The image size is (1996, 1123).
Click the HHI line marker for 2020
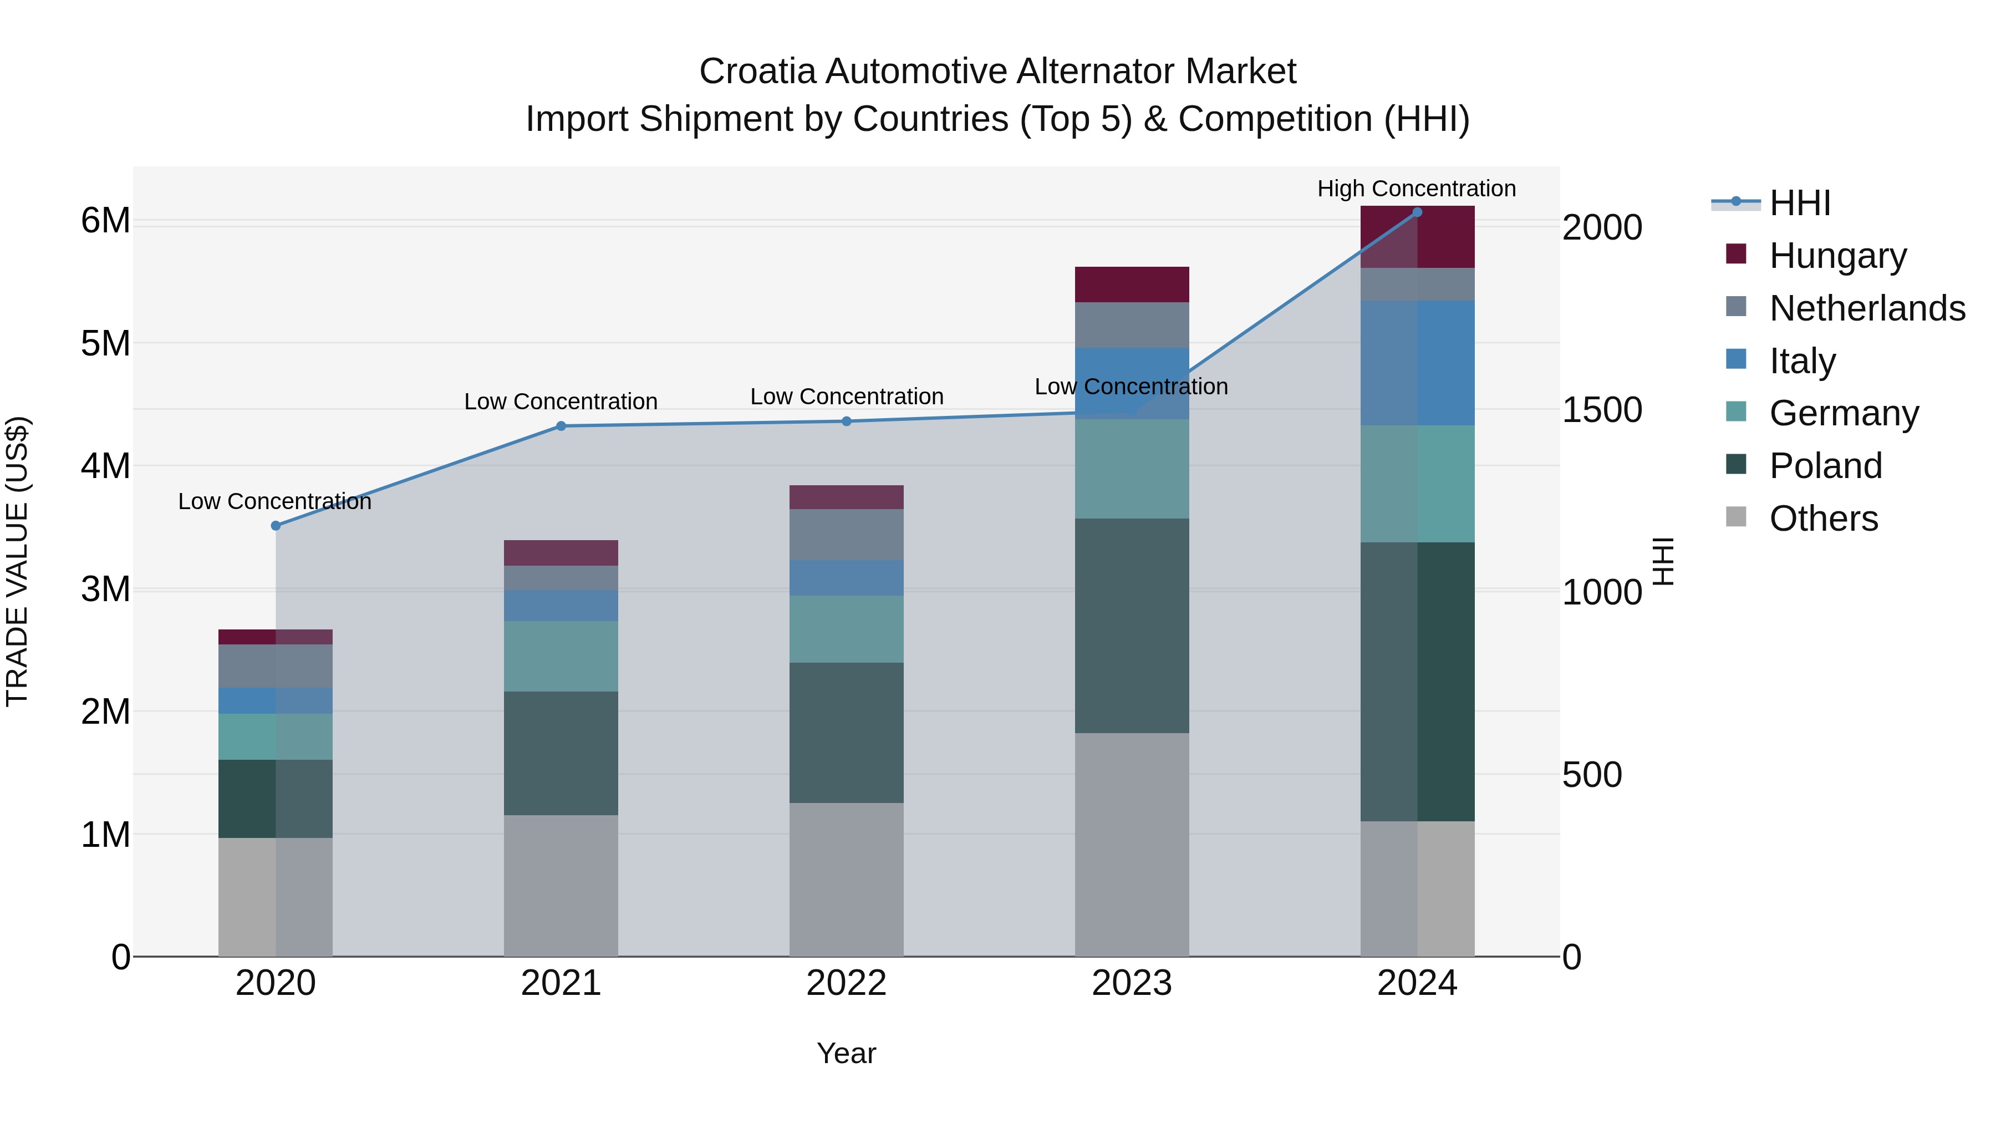(x=276, y=526)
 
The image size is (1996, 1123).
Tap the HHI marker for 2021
(x=561, y=425)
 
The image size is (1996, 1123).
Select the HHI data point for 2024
(x=1417, y=212)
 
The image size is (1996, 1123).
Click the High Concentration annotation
(x=1417, y=189)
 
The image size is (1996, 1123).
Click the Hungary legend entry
(x=1837, y=256)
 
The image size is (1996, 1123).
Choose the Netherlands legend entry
(x=1867, y=308)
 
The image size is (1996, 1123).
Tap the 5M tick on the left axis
(x=105, y=343)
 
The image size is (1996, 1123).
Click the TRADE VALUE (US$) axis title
(x=18, y=561)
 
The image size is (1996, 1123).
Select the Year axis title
(x=846, y=1053)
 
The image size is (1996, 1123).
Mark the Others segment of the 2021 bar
(x=561, y=885)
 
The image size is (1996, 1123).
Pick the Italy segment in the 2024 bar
(x=1417, y=363)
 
